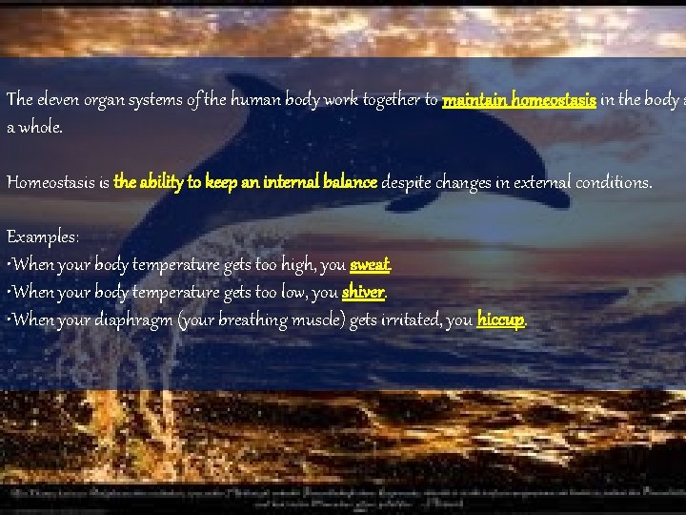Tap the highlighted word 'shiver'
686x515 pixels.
pos(362,292)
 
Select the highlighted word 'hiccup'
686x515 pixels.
pos(500,319)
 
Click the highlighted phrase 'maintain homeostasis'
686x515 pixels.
pos(519,99)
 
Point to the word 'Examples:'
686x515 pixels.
pos(43,236)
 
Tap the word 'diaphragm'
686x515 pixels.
pos(132,320)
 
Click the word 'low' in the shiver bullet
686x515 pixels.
pos(292,292)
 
